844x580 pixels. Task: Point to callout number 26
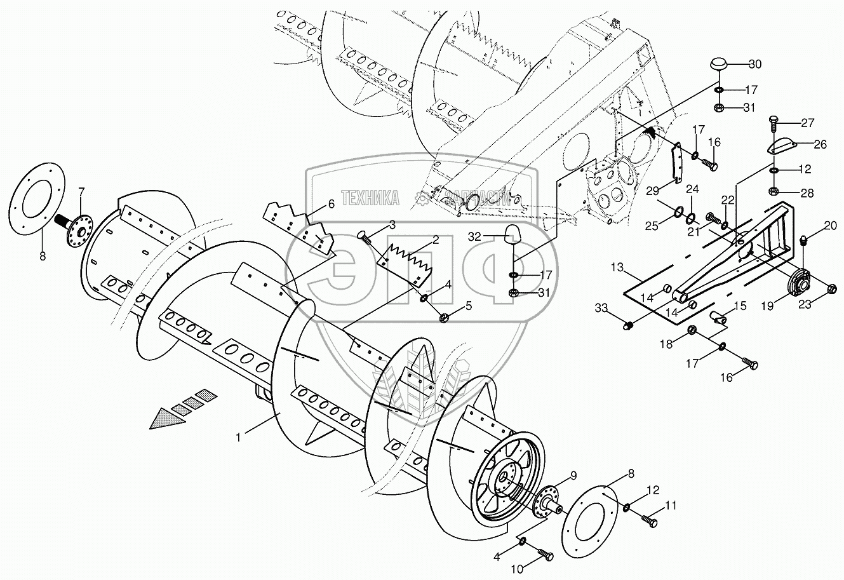click(820, 144)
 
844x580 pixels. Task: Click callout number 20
click(831, 226)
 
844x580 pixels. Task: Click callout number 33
click(601, 308)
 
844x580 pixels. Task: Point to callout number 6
click(330, 204)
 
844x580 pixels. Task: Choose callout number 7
click(81, 192)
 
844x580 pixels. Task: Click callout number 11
click(672, 506)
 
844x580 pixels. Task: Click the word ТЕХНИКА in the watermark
click(370, 198)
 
